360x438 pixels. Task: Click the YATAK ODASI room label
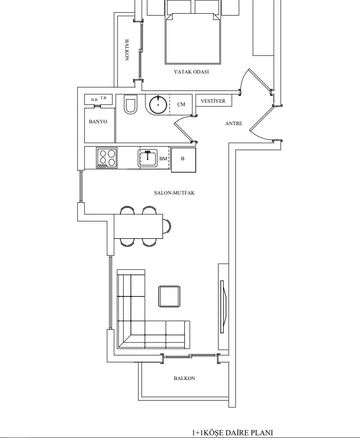[191, 72]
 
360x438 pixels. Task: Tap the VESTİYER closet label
[213, 101]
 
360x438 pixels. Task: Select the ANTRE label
[234, 123]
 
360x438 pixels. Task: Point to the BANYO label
[98, 121]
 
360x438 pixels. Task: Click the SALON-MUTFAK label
[174, 193]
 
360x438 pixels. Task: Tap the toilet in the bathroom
[131, 105]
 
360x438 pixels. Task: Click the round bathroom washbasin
[158, 105]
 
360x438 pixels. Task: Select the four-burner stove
[107, 158]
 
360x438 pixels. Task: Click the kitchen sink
[148, 158]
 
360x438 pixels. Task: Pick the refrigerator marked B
[183, 160]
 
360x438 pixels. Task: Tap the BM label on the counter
[163, 158]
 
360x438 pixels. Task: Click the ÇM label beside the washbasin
[181, 104]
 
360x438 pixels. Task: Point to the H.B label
[94, 100]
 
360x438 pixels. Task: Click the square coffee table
[170, 296]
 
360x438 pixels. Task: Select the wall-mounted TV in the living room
[222, 307]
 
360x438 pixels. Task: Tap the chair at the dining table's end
[167, 226]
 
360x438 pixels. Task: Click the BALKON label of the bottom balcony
[184, 378]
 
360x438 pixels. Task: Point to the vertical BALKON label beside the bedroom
[127, 50]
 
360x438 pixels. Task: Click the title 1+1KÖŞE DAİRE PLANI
[232, 433]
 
